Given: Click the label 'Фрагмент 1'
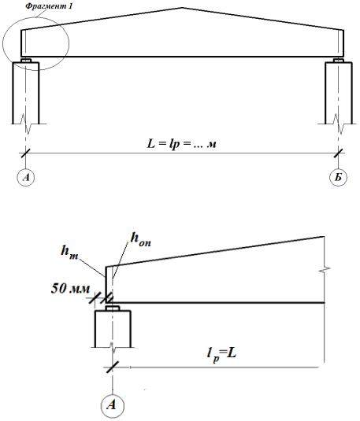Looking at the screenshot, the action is point(49,6).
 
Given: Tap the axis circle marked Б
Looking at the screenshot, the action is point(338,177).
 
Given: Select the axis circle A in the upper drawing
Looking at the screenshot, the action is point(26,177).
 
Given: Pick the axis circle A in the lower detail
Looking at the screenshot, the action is point(113,405).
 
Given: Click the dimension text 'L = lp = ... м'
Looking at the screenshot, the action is point(182,145).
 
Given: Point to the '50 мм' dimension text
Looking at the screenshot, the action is point(71,289).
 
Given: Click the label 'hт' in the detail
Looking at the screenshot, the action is point(69,252).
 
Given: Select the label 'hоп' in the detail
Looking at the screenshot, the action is point(140,239).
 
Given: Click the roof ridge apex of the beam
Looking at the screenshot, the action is point(183,8).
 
